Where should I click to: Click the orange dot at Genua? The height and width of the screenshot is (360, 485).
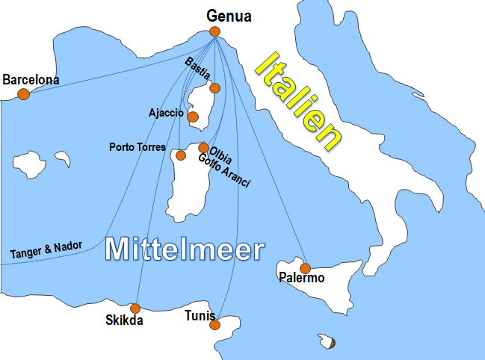pos(215,31)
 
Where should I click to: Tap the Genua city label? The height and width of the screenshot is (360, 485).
pos(229,15)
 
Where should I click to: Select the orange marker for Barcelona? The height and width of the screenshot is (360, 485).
pos(24,94)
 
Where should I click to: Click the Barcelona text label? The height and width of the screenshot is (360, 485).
pos(31,79)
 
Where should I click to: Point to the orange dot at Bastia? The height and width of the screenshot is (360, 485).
pos(215,88)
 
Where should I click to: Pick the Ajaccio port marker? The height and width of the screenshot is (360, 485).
pos(193,117)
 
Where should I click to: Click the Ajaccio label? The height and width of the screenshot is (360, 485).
pos(166,113)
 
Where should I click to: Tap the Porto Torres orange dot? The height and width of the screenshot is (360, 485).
pos(180,155)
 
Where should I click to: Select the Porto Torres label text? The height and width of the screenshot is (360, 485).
pos(138,147)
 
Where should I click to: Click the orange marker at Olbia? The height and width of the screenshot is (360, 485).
pos(203,148)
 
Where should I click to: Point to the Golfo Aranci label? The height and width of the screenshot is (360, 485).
pos(223,171)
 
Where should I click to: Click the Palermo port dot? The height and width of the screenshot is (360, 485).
pos(305,268)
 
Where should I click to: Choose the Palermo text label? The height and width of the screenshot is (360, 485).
pos(301,279)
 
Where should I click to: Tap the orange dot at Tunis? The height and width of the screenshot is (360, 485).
pos(215,325)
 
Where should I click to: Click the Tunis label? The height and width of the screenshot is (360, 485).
pos(200,316)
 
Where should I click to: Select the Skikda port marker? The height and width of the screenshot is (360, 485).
pos(135,308)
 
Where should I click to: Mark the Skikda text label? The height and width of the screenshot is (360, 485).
pos(124,321)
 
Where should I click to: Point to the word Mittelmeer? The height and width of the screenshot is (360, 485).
pos(185,249)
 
